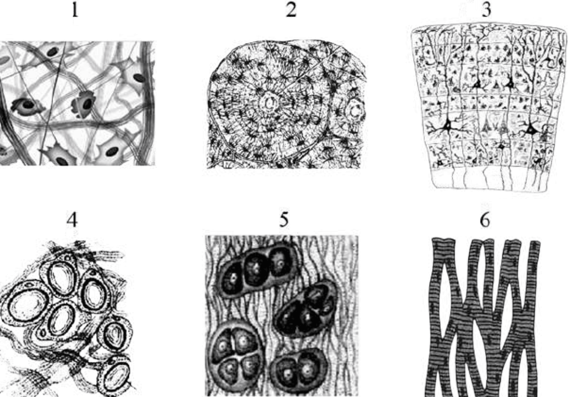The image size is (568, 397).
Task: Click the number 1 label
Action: [x=75, y=11]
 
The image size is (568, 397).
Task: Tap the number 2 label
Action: [x=291, y=11]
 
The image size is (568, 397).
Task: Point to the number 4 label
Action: [x=72, y=220]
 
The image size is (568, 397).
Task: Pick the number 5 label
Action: [x=284, y=220]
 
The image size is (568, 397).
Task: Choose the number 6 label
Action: [x=485, y=220]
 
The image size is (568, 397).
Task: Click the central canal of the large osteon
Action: [x=268, y=103]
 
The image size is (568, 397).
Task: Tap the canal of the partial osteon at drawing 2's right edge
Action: [x=356, y=112]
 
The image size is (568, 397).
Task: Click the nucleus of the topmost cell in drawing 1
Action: [x=52, y=52]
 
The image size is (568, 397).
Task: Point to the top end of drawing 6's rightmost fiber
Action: [x=535, y=243]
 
